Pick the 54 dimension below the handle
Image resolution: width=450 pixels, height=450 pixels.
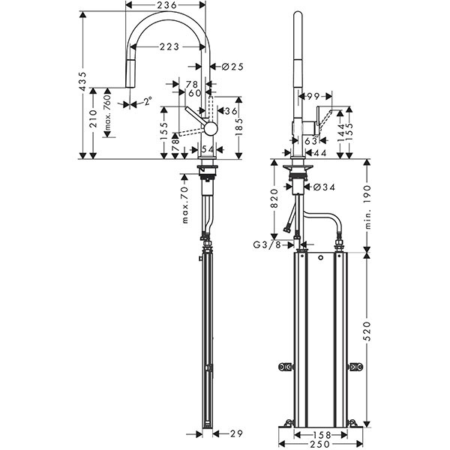tap(207, 150)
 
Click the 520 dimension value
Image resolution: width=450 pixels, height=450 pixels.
tap(367, 336)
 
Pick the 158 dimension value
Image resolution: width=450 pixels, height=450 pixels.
tap(322, 434)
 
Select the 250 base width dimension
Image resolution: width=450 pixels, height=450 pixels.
tap(321, 445)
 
